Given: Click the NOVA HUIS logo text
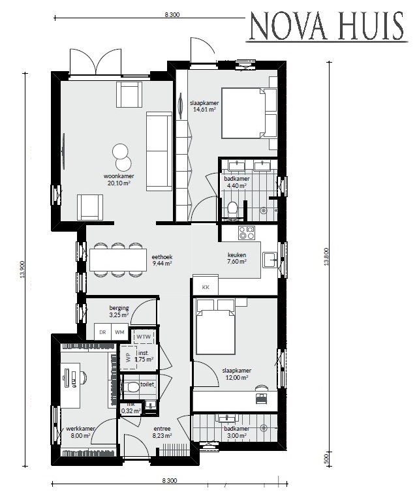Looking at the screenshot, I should [x=330, y=28].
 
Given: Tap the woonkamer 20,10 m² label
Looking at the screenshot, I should [x=118, y=180].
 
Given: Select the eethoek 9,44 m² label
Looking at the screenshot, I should [x=162, y=260].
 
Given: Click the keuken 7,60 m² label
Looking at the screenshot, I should [x=236, y=258].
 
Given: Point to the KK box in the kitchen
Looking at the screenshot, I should [x=205, y=287].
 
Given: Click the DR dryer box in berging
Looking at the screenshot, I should [x=102, y=332].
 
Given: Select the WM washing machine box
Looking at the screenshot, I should [x=119, y=332].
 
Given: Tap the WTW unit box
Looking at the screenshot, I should [x=143, y=337].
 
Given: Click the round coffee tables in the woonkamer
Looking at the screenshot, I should [x=121, y=157].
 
